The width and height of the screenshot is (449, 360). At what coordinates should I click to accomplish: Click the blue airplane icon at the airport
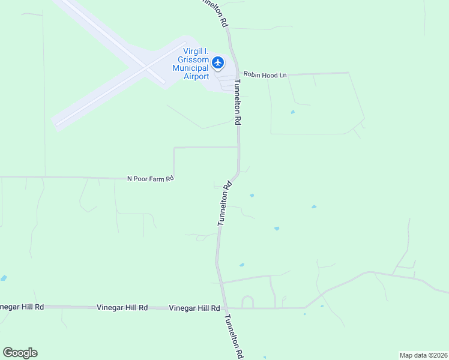(217, 62)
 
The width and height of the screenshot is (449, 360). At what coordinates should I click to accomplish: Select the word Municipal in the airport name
(190, 68)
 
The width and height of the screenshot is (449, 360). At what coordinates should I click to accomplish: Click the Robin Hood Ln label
(265, 75)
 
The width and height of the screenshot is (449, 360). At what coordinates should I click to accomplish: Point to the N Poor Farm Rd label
(150, 178)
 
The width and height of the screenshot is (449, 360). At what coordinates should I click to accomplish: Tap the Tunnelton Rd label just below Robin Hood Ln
(238, 102)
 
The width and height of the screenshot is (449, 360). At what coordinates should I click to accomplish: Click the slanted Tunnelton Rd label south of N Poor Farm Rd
(224, 204)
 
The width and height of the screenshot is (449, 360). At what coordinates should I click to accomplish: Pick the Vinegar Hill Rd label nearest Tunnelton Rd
(194, 308)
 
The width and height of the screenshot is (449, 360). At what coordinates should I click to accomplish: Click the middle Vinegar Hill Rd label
(122, 307)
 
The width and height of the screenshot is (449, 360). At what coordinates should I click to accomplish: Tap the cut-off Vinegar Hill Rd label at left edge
(22, 307)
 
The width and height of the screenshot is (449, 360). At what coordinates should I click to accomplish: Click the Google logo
(20, 353)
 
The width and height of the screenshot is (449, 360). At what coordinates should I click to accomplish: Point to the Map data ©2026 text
(423, 355)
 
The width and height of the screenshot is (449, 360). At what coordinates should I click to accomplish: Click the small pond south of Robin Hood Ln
(292, 112)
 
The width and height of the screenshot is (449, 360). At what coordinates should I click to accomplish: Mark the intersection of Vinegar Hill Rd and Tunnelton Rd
(226, 308)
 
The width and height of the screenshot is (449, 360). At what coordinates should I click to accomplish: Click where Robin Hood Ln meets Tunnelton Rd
(237, 75)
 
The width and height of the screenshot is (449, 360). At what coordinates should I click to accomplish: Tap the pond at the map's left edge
(4, 278)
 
